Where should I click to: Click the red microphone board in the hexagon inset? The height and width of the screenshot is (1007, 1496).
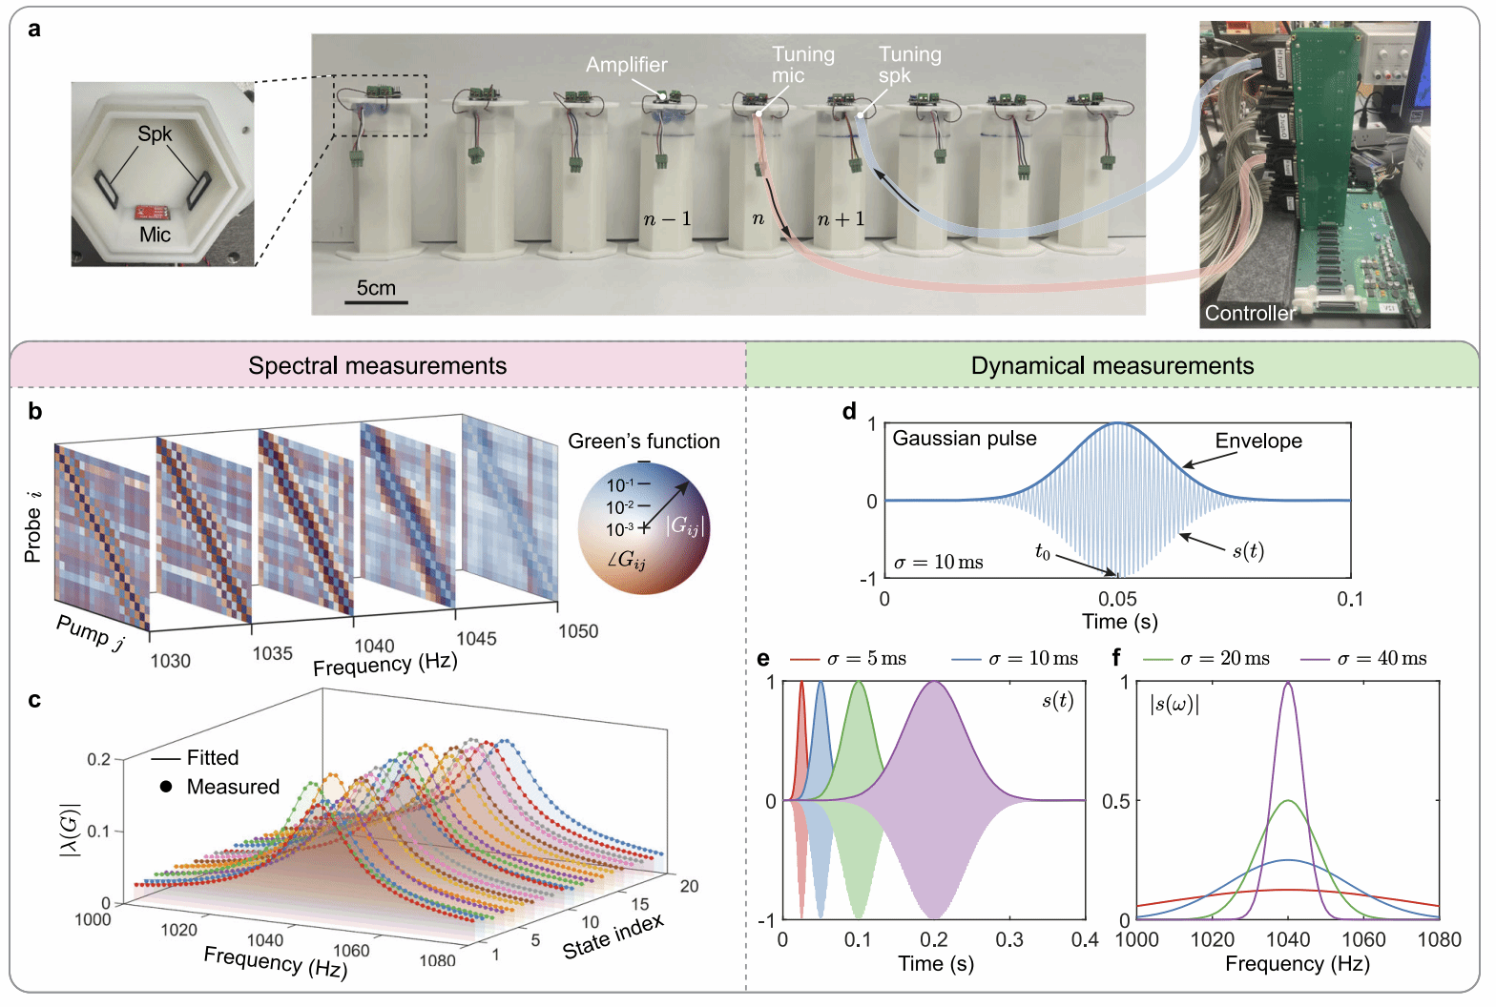pos(153,213)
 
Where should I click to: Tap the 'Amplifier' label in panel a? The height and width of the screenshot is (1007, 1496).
pos(627,65)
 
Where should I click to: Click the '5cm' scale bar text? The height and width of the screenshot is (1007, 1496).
pos(376,288)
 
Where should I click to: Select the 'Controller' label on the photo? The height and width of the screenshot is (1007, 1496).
pos(1250,313)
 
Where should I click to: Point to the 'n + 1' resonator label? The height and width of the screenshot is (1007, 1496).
pos(841,219)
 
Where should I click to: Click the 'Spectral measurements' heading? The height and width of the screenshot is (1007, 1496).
pos(378,365)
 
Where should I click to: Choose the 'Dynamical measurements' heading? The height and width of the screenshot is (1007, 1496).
pos(1112,365)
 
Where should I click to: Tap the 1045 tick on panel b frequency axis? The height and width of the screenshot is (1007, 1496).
pos(476,639)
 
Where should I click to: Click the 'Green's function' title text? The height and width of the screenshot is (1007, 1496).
pos(644,442)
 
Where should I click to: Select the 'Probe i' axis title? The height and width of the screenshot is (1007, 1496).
pos(32,525)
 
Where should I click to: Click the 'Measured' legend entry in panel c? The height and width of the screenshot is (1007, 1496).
pos(219,787)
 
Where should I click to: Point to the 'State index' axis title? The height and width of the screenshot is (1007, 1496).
pos(613,935)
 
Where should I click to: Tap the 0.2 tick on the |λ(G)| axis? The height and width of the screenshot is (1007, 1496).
pos(99,759)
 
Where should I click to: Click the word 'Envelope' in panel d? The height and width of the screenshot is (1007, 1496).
pos(1258,441)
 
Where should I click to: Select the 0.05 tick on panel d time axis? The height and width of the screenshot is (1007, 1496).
pos(1117,599)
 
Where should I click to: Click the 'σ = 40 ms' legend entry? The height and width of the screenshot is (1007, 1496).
pos(1363,659)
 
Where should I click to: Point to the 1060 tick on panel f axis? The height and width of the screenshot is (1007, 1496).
pos(1363,939)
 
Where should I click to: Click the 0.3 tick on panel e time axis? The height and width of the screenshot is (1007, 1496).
pos(1009,939)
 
